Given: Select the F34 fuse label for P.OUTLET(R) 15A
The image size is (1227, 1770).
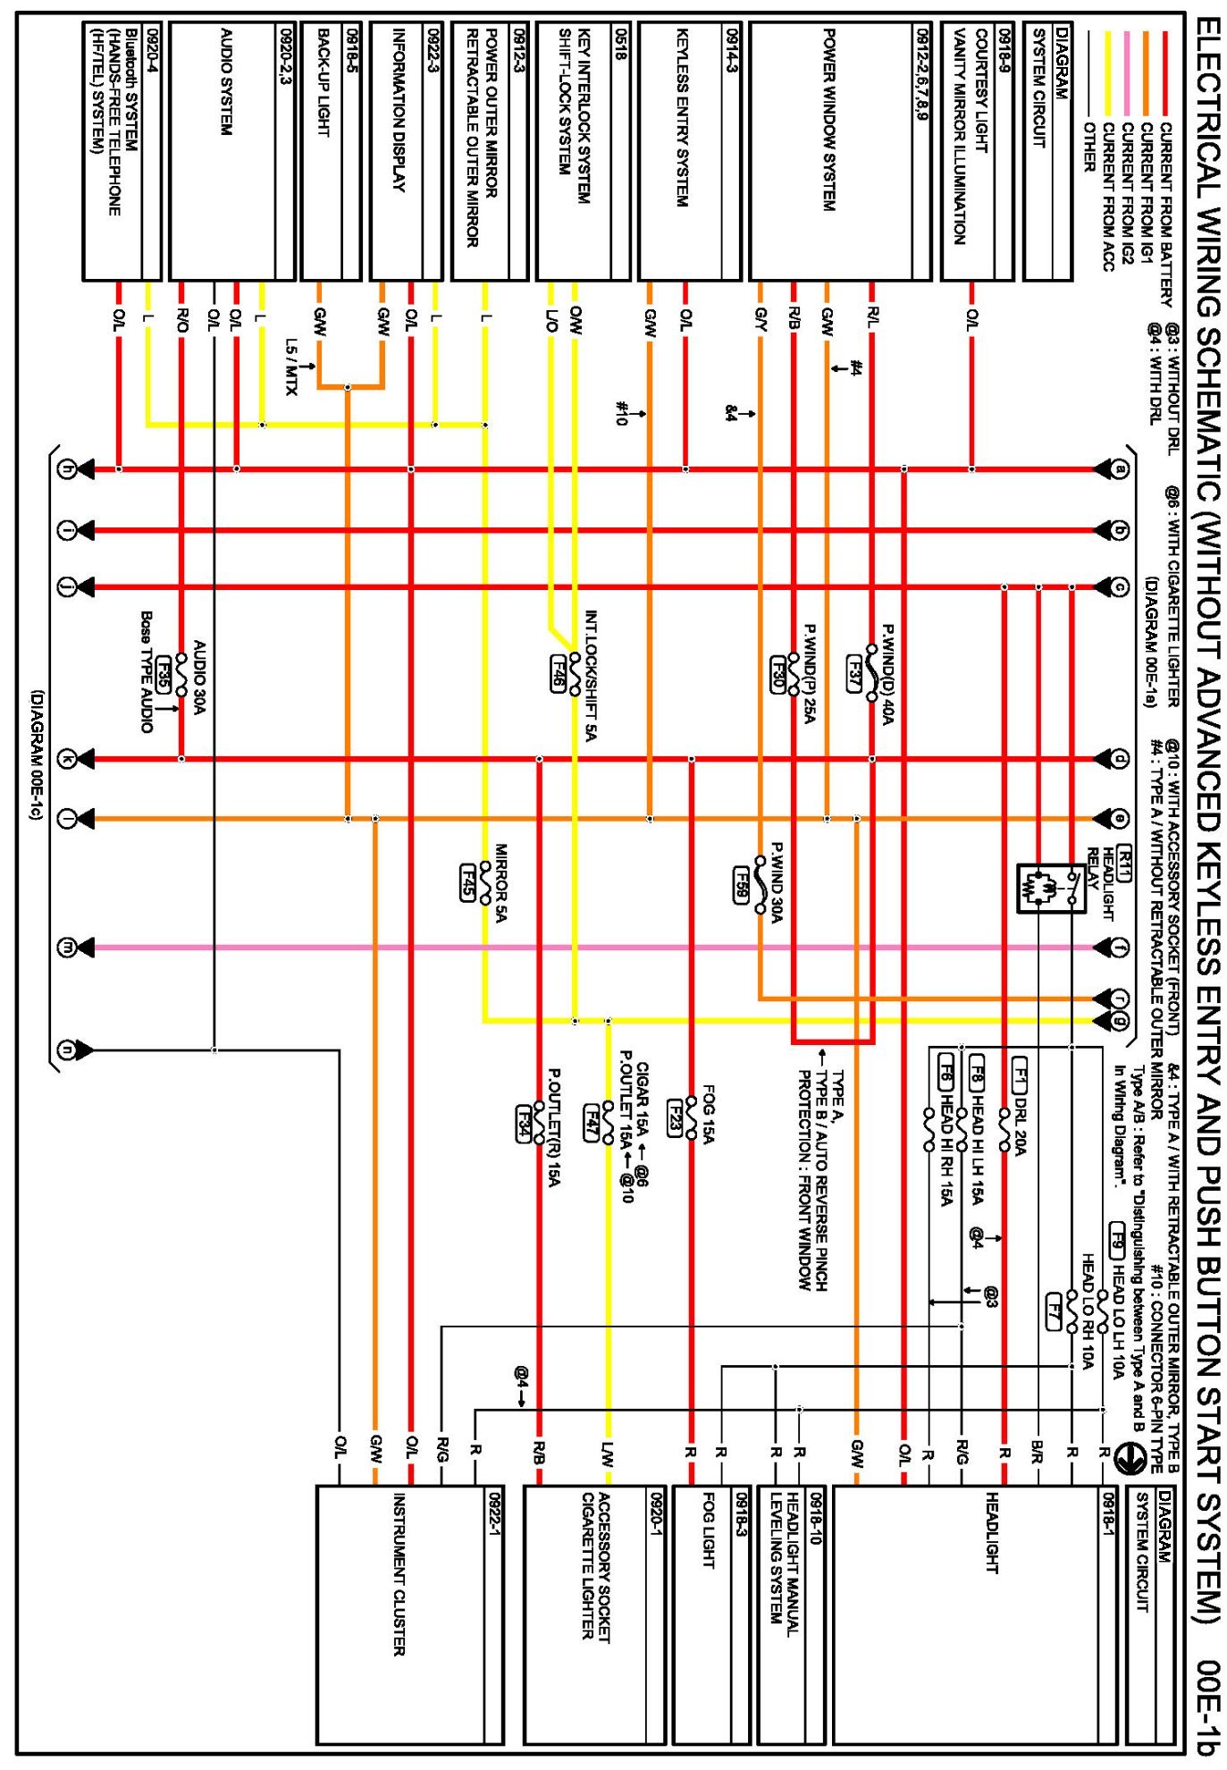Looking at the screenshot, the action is click(525, 1123).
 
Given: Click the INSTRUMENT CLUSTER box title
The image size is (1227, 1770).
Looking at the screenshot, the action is click(399, 1574).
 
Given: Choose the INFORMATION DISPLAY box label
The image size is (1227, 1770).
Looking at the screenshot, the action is click(399, 111).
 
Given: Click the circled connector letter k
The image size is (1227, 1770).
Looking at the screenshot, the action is click(67, 759).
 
